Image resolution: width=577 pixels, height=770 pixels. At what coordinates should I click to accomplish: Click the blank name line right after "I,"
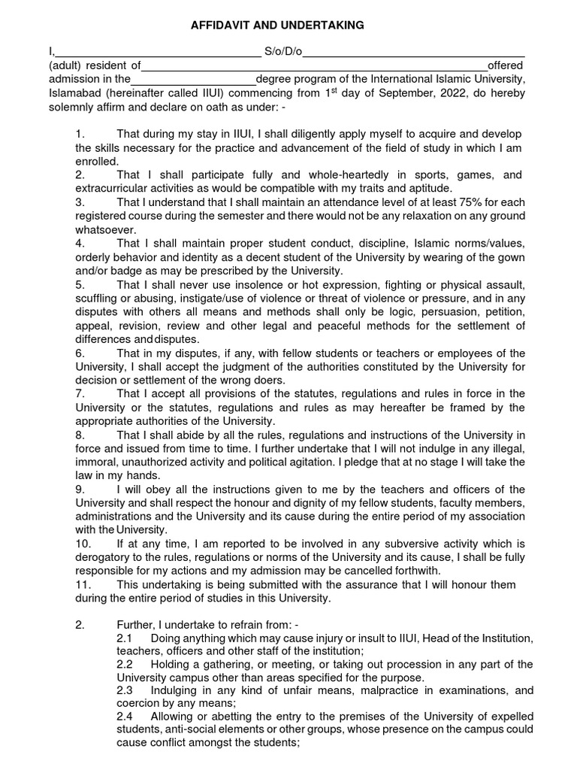click(x=157, y=53)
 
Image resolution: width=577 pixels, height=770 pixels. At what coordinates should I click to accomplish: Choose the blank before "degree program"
click(x=193, y=80)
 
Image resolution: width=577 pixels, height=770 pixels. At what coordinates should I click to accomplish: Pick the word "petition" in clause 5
click(x=506, y=312)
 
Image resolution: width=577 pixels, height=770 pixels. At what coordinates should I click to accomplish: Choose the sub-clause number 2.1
click(x=125, y=638)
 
